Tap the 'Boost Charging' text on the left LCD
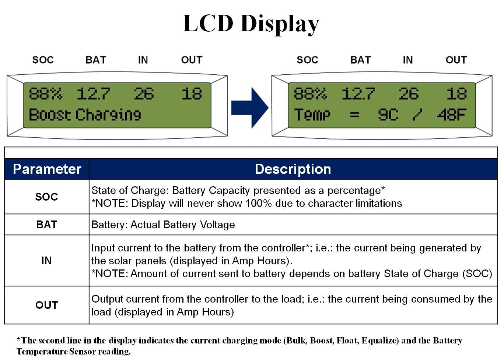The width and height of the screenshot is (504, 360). point(85,115)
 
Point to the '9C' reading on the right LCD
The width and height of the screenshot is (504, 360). point(388,115)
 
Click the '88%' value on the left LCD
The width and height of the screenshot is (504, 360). point(45,94)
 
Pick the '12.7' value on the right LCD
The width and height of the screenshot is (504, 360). point(358,94)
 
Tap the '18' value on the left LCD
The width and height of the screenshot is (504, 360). point(192,94)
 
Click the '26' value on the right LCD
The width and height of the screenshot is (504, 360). point(408,94)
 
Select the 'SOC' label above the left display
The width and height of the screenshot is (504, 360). point(43,60)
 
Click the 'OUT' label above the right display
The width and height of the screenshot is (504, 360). point(456,60)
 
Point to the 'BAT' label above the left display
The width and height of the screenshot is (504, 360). point(96,60)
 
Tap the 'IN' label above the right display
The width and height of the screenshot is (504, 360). point(407,60)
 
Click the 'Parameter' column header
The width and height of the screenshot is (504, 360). point(47,169)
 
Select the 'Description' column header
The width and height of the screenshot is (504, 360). point(293,169)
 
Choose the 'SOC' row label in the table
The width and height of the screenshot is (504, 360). point(46,197)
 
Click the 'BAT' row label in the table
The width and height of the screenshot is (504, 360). point(46,225)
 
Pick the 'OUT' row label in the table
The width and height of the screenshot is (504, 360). point(46,305)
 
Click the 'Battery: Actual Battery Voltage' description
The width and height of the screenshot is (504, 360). point(163,225)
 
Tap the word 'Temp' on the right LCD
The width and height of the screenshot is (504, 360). point(312,115)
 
